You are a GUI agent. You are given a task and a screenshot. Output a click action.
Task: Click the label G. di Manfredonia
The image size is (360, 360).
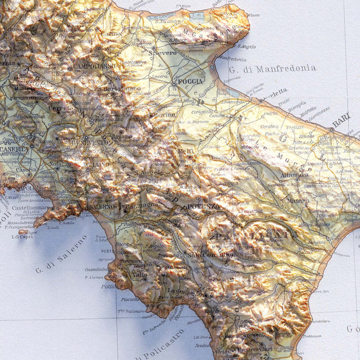coord(273,69)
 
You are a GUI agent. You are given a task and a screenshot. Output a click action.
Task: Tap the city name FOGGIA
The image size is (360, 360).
coord(190,82)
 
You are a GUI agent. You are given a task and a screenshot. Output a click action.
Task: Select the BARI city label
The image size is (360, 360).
coord(341,120)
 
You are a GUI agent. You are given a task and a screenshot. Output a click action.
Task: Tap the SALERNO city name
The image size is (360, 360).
coord(102,206)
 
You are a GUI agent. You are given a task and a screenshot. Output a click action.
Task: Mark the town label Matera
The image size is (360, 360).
coord(298,200)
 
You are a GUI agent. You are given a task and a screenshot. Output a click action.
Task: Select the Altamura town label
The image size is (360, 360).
coord(294,175)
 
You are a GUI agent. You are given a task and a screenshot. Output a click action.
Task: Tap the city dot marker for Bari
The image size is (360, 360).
coord(332,129)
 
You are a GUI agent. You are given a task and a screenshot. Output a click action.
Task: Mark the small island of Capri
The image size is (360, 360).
coord(24,231)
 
